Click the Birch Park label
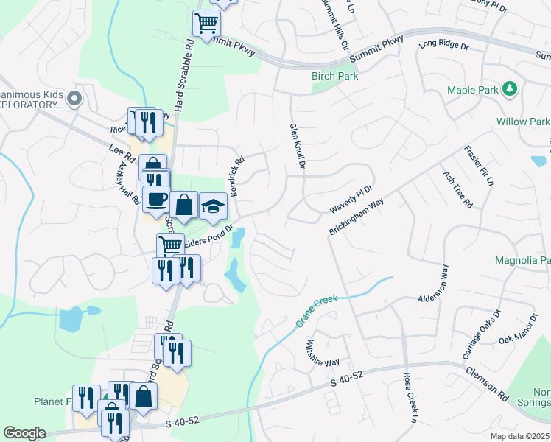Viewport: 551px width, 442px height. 335,76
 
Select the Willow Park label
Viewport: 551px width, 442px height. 523,122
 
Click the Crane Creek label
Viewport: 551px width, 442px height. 317,311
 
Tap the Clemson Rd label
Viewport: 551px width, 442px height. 487,381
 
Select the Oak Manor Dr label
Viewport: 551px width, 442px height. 518,329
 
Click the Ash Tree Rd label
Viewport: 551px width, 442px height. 457,189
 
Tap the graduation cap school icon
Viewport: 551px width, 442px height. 213,206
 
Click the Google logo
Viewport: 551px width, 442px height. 24,433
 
